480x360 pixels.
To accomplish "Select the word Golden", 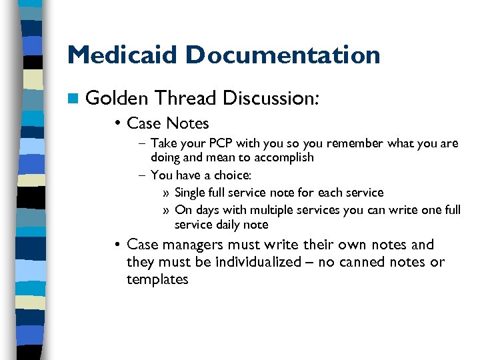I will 117,99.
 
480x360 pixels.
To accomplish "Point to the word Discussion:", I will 271,99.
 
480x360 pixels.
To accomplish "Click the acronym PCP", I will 215,143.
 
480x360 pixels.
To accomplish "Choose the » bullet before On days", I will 166,210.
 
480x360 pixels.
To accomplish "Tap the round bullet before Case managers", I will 117,245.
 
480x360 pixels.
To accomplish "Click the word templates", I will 157,279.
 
